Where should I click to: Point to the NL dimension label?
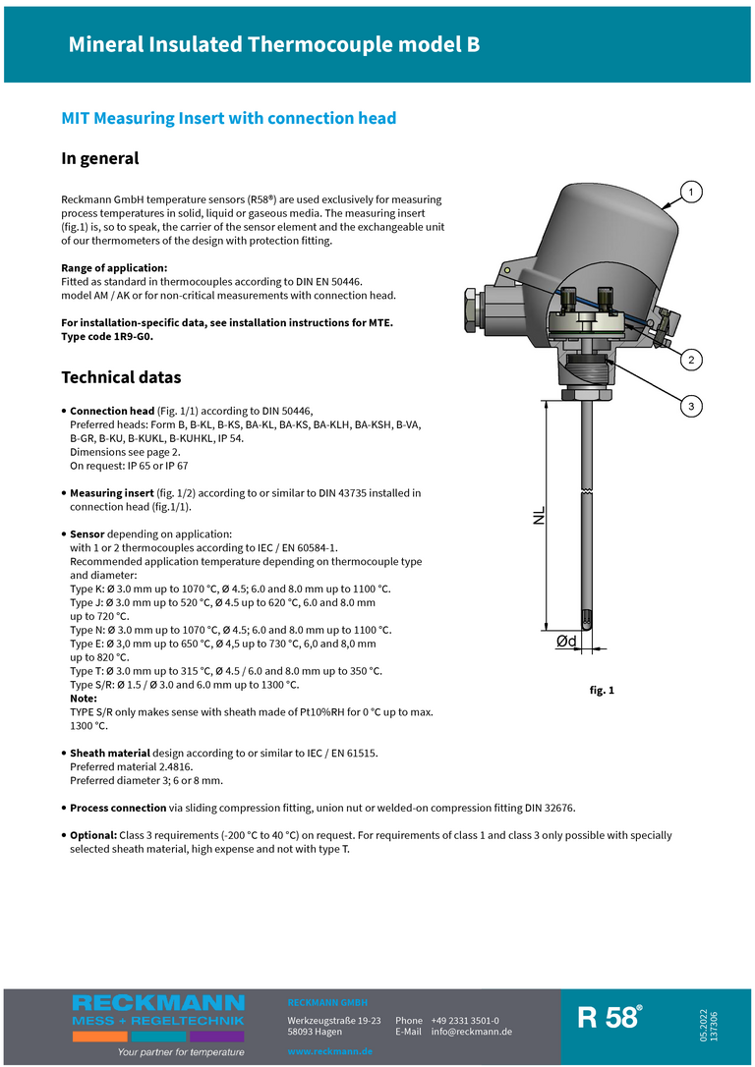coord(539,516)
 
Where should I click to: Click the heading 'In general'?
coord(100,158)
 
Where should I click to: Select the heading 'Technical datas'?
coord(121,377)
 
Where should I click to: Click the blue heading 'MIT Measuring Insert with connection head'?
coord(229,118)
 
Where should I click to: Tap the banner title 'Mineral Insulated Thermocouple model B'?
coord(274,44)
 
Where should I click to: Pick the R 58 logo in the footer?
coord(610,1018)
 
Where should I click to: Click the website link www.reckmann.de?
coord(330,1051)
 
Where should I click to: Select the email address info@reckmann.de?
coord(472,1032)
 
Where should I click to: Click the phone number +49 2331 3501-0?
coord(464,1021)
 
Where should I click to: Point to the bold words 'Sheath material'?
coord(109,753)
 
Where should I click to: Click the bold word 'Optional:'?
coord(92,835)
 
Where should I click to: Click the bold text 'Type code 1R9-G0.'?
coord(107,336)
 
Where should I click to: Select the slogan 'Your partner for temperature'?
coord(181,1051)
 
